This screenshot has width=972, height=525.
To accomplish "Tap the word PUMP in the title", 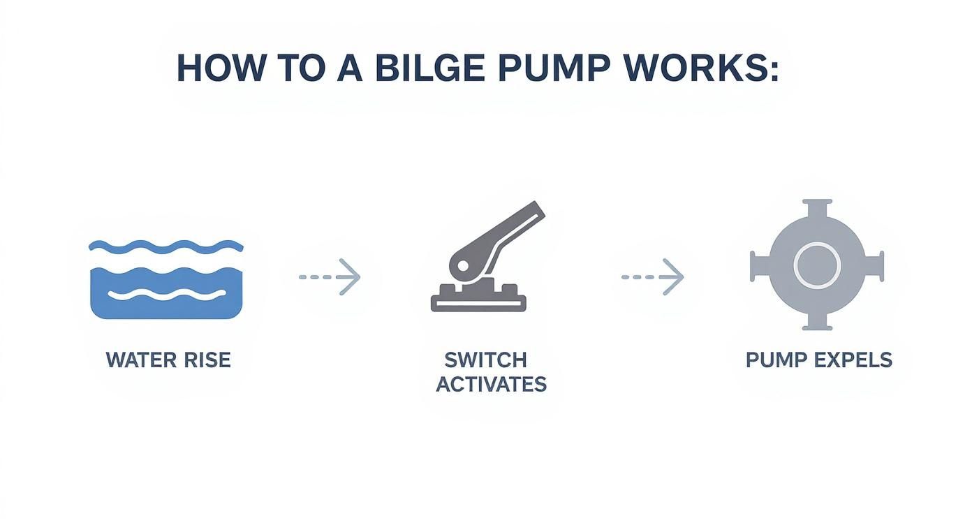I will (x=557, y=68).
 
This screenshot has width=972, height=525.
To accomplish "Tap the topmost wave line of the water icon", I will (x=166, y=246).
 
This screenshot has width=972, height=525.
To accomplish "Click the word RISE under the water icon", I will (x=206, y=360).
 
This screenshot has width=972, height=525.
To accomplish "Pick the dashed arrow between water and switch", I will (x=330, y=277).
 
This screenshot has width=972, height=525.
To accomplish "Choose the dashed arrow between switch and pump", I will (x=653, y=277).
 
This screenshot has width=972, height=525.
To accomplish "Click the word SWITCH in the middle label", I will (x=485, y=360).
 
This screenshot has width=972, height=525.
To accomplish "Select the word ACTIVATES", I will (x=491, y=384).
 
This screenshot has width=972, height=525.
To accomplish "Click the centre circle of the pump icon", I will (x=816, y=265).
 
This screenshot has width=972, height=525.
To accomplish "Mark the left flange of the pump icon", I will (x=757, y=266).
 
